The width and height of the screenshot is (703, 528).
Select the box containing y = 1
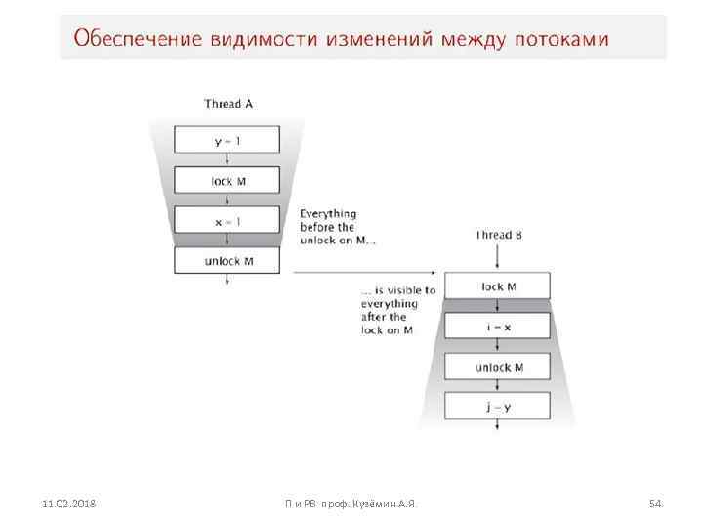[x=227, y=140]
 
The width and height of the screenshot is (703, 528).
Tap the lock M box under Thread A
[x=227, y=180]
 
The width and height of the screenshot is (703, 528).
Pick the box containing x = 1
[x=227, y=220]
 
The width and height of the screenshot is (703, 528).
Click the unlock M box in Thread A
[x=227, y=260]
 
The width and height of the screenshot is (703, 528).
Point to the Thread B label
[x=498, y=235]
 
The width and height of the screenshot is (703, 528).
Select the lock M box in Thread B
[x=498, y=286]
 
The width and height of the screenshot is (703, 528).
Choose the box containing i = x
[x=498, y=327]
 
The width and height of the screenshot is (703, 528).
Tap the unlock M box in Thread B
[x=498, y=367]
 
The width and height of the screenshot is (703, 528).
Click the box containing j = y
[x=498, y=407]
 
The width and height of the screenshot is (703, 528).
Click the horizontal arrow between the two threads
[x=361, y=273]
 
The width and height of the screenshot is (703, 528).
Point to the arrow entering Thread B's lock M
[x=498, y=258]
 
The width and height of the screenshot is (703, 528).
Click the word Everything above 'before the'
[x=327, y=213]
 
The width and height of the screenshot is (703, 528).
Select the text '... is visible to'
[x=397, y=290]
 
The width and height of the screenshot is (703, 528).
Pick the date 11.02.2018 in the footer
[x=67, y=504]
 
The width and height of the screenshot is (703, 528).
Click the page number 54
[x=655, y=504]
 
